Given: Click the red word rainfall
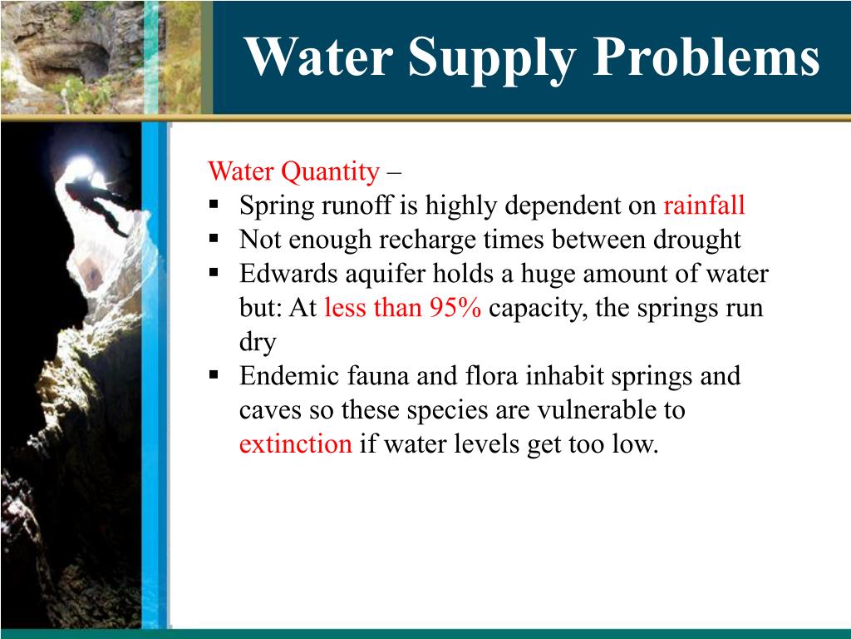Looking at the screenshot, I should [x=704, y=206].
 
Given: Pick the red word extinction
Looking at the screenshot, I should [x=295, y=444].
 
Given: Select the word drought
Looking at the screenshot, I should [x=686, y=240].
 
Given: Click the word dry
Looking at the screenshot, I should [x=257, y=342].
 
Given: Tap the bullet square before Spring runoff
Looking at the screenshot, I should [x=214, y=204].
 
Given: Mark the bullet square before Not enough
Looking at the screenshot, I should [x=214, y=238].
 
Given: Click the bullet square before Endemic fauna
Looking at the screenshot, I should [x=214, y=374].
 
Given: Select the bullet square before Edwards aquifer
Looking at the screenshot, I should [x=214, y=272].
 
